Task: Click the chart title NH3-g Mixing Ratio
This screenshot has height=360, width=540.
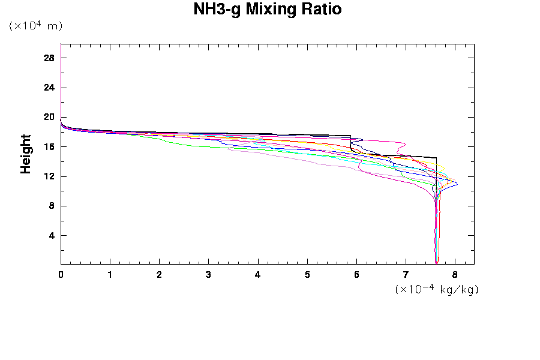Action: (267, 10)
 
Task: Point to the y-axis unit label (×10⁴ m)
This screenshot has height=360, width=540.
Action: (35, 26)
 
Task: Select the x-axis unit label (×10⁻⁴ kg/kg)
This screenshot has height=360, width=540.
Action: (437, 289)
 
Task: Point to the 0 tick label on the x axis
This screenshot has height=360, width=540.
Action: (61, 275)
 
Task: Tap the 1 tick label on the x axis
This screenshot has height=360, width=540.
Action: (110, 275)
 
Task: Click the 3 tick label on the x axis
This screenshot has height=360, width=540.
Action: (209, 275)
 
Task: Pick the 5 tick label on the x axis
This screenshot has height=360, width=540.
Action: (307, 275)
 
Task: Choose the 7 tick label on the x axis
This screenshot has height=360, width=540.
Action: (406, 275)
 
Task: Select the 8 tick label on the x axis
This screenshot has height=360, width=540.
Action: (455, 275)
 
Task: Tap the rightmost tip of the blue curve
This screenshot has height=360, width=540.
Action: (457, 184)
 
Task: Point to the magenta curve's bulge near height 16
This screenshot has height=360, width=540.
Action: (406, 144)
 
